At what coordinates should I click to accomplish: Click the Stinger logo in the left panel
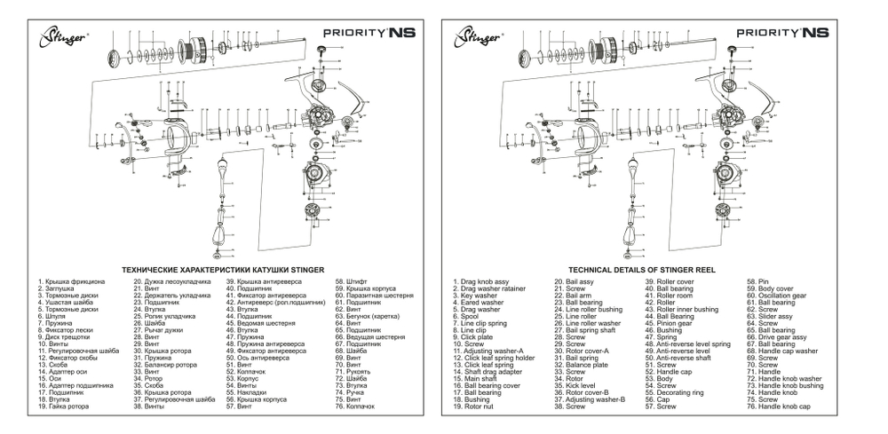[x=61, y=37]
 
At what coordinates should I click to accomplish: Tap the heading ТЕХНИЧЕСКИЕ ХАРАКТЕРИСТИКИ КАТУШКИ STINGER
[x=222, y=268]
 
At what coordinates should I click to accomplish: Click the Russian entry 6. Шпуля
[x=52, y=315]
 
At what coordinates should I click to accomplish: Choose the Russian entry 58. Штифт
[x=349, y=282]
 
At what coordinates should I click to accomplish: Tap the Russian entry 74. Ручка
[x=349, y=392]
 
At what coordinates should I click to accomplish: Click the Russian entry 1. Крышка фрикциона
[x=71, y=282]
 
